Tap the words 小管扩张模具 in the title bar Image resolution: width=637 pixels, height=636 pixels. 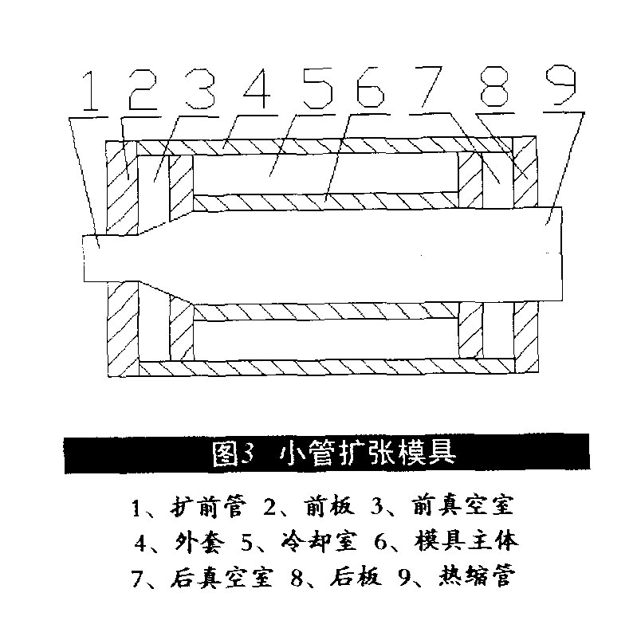tap(368, 453)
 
